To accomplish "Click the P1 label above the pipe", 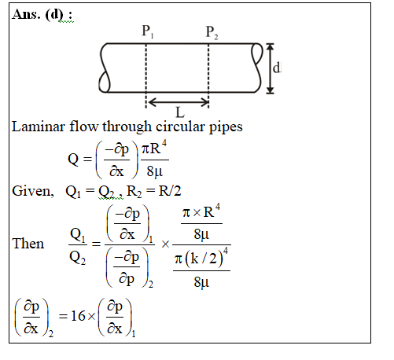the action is (x=148, y=31).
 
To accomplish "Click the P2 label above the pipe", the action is (x=212, y=32).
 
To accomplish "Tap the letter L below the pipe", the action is (x=180, y=112).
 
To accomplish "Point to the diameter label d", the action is (x=277, y=68).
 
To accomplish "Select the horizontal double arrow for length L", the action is (x=179, y=102).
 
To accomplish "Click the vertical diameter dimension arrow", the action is (x=270, y=68).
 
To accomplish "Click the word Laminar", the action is (x=39, y=127).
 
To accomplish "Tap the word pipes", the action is (x=226, y=128).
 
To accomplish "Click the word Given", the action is (x=33, y=191).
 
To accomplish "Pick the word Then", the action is (x=28, y=244).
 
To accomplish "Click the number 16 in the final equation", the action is (x=78, y=316).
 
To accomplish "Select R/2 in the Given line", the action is (x=170, y=191).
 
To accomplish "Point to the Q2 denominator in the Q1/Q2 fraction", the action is (x=77, y=259).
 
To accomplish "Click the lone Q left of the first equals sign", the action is (x=73, y=159).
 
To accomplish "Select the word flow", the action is (x=84, y=127).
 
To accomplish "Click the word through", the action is (x=127, y=127).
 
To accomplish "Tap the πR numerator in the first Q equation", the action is (x=153, y=149).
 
